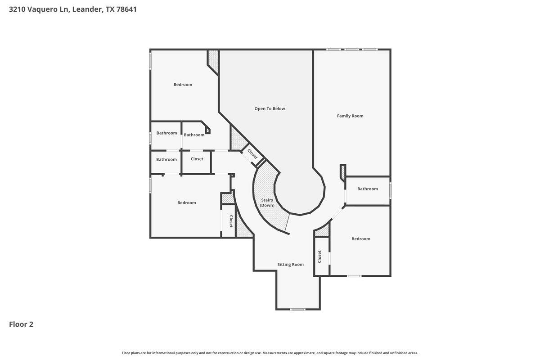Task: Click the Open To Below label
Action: pos(270,108)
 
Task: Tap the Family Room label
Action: pos(350,116)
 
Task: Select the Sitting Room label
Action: pos(290,264)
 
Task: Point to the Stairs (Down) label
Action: pos(267,202)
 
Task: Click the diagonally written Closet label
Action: pos(252,154)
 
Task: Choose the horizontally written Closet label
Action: pos(197,159)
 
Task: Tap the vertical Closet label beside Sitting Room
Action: pos(319,256)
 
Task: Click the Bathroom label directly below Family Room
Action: pos(368,189)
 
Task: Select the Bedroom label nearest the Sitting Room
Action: pos(361,238)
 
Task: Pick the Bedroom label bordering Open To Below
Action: pos(183,84)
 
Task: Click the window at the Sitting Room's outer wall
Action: pos(297,309)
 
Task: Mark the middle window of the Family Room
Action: pos(352,49)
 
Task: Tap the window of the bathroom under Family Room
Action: pos(390,190)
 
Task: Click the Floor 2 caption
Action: pos(21,324)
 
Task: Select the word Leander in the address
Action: pos(87,9)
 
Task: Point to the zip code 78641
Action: pos(126,9)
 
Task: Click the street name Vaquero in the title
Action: pos(42,9)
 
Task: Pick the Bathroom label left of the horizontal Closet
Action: pos(166,159)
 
